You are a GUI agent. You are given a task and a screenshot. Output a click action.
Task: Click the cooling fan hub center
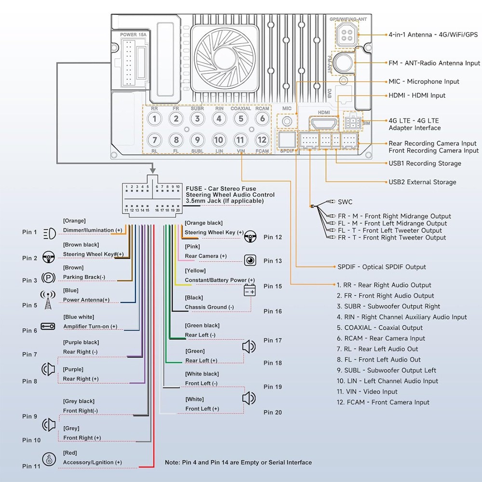[225, 57]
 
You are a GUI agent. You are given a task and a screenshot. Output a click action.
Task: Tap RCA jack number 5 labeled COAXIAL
[241, 119]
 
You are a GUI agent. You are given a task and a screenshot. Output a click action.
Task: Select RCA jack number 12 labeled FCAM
[262, 140]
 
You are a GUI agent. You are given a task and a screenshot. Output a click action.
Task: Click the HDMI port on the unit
[324, 123]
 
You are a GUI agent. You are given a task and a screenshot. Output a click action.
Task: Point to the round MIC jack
[287, 121]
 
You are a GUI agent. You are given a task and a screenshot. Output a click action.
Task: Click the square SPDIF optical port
[287, 140]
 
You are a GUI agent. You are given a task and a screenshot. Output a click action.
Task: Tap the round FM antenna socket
[343, 62]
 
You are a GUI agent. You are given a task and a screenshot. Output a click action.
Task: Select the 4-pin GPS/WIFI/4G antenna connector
[347, 35]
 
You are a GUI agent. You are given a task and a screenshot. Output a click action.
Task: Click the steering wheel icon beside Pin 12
[251, 236]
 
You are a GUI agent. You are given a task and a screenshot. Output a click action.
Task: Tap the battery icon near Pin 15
[250, 290]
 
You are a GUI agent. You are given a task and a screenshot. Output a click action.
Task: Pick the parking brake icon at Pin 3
[48, 278]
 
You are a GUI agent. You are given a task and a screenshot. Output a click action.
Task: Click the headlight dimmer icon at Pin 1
[50, 234]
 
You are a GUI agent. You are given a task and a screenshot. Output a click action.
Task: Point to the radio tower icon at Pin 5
[48, 300]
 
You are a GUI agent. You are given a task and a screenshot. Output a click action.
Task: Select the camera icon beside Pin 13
[250, 260]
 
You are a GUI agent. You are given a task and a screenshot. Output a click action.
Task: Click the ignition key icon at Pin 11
[49, 459]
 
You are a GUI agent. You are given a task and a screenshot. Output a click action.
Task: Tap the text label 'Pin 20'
[273, 412]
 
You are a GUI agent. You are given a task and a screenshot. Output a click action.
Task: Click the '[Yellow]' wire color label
[195, 270]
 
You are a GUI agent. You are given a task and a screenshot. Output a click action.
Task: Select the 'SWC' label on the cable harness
[345, 202]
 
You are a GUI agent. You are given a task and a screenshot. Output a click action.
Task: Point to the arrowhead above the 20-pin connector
[152, 170]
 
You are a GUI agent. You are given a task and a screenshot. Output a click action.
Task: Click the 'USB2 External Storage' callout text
[422, 182]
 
